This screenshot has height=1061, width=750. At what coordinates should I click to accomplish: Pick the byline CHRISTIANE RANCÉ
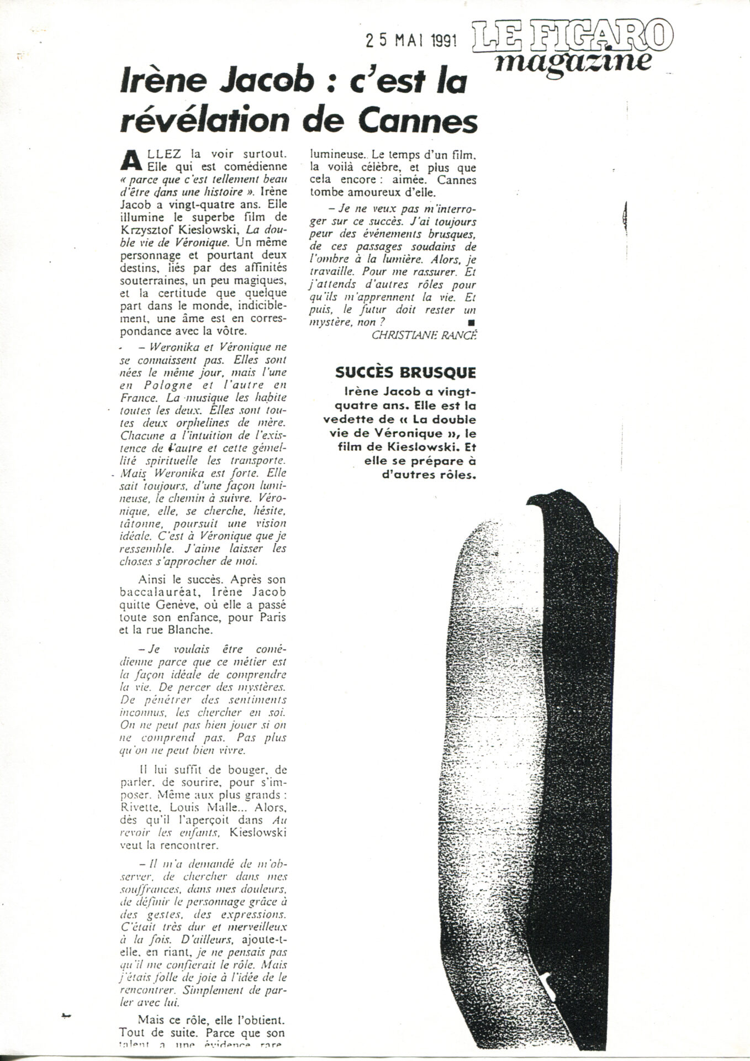[423, 335]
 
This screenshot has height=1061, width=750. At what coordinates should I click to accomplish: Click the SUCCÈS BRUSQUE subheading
[405, 372]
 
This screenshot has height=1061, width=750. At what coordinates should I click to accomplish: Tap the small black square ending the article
[471, 322]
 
